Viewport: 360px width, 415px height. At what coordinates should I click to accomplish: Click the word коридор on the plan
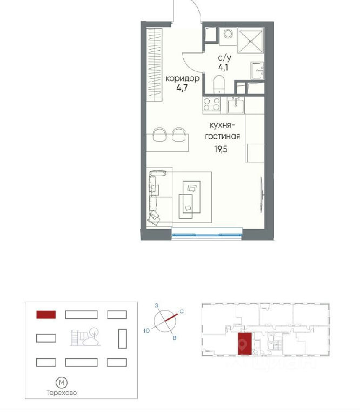[x=182, y=78]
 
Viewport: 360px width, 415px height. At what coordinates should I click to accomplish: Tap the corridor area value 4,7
[x=182, y=88]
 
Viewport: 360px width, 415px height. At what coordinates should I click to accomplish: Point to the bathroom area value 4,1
[x=223, y=67]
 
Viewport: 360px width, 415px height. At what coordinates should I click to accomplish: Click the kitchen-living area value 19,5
[x=221, y=149]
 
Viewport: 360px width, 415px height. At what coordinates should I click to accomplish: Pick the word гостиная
[x=222, y=136]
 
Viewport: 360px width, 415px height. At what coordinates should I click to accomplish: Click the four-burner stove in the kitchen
[x=211, y=104]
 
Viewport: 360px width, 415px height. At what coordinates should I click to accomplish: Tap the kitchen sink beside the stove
[x=236, y=105]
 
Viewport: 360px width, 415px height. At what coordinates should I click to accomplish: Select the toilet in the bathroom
[x=219, y=84]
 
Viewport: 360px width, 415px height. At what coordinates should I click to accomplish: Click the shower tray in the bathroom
[x=250, y=41]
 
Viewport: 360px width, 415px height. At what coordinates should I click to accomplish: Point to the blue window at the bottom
[x=207, y=235]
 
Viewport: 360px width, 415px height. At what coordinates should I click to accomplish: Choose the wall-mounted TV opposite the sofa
[x=262, y=195]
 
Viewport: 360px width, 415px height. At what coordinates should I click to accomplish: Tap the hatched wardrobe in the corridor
[x=154, y=64]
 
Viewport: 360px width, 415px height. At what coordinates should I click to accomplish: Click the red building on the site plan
[x=46, y=314]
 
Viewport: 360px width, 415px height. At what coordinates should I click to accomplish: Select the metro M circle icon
[x=62, y=383]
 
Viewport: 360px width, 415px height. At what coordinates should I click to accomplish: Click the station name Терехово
[x=62, y=392]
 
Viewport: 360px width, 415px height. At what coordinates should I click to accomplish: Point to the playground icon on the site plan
[x=85, y=337]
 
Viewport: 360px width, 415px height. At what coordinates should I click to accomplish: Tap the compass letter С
[x=182, y=312]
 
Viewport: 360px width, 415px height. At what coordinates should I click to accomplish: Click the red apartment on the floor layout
[x=244, y=344]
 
